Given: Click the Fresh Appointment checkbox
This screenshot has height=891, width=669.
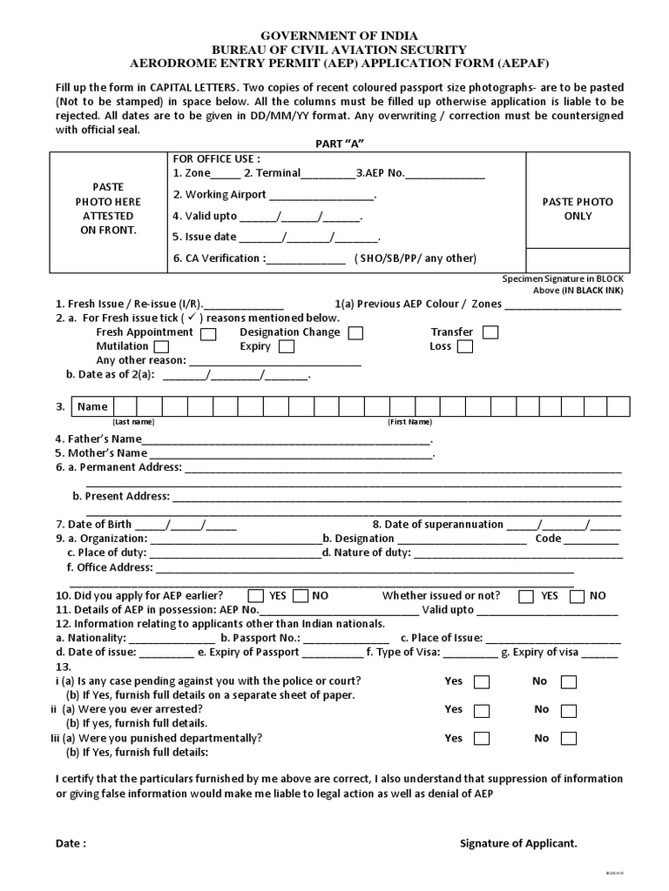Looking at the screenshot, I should (208, 332).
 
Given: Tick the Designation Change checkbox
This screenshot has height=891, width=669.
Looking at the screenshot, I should (355, 332).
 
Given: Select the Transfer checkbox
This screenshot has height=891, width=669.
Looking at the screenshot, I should (490, 332).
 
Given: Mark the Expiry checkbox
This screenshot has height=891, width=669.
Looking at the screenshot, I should (286, 346).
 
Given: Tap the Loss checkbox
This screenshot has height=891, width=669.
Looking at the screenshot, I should (464, 346).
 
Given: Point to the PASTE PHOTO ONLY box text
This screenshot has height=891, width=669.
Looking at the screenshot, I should (578, 208).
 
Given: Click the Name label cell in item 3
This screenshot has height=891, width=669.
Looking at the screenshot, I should (92, 406).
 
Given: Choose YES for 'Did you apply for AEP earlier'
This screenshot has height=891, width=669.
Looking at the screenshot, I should (256, 596).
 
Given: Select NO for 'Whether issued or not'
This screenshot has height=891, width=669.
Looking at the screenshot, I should (576, 596).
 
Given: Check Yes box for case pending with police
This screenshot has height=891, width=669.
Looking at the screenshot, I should (482, 682).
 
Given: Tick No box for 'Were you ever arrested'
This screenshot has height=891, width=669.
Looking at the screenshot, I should (568, 710).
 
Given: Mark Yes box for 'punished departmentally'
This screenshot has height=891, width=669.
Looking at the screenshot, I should (482, 739).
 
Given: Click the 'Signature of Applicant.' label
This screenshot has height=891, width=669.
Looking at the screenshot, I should (518, 843).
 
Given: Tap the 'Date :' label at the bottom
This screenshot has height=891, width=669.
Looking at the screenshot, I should (71, 843).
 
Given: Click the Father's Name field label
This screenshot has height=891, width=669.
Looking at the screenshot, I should (98, 439).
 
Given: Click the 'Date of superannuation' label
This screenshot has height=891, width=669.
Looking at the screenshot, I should (437, 524).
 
